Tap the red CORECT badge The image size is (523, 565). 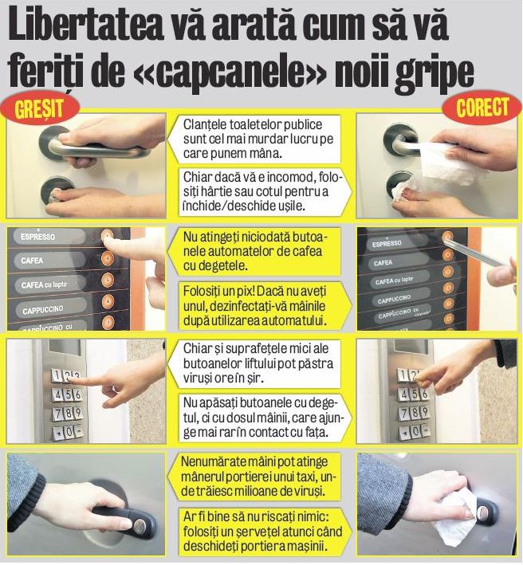coord(482,109)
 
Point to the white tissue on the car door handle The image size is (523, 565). coord(459,510)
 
